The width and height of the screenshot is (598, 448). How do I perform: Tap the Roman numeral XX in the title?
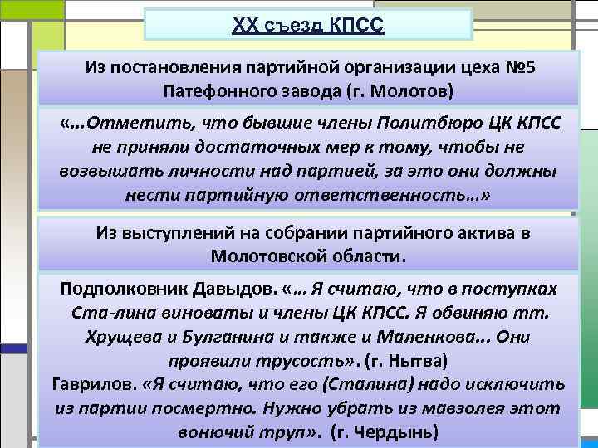coord(246,26)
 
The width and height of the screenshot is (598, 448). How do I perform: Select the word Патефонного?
coord(217,90)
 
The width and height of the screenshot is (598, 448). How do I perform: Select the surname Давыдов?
coord(228,288)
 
